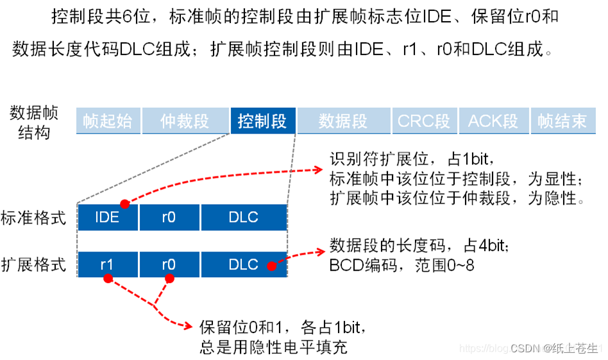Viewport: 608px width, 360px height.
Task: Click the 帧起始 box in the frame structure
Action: pos(108,121)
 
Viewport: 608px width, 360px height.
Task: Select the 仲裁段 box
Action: pos(185,121)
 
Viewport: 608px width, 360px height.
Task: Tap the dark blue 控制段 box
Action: pos(262,121)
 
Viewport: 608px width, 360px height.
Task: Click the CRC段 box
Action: pos(424,121)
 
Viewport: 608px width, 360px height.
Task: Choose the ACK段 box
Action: pos(493,121)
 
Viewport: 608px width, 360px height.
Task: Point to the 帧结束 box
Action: pos(562,121)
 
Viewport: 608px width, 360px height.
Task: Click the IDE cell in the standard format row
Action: pos(107,218)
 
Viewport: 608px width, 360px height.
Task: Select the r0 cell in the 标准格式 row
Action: pos(169,218)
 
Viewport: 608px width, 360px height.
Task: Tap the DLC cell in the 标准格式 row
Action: pos(243,218)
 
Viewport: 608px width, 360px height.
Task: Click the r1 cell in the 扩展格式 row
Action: pos(107,264)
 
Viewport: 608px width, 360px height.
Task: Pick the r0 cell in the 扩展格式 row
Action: pos(169,264)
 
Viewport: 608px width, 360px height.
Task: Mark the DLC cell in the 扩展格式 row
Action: pos(243,264)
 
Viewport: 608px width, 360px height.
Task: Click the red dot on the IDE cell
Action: pos(125,204)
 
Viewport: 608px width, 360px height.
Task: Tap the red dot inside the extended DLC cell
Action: pos(272,264)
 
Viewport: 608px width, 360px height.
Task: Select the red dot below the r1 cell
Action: pos(108,279)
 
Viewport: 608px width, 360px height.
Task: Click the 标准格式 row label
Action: pos(33,218)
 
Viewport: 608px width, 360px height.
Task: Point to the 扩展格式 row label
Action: pos(33,264)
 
